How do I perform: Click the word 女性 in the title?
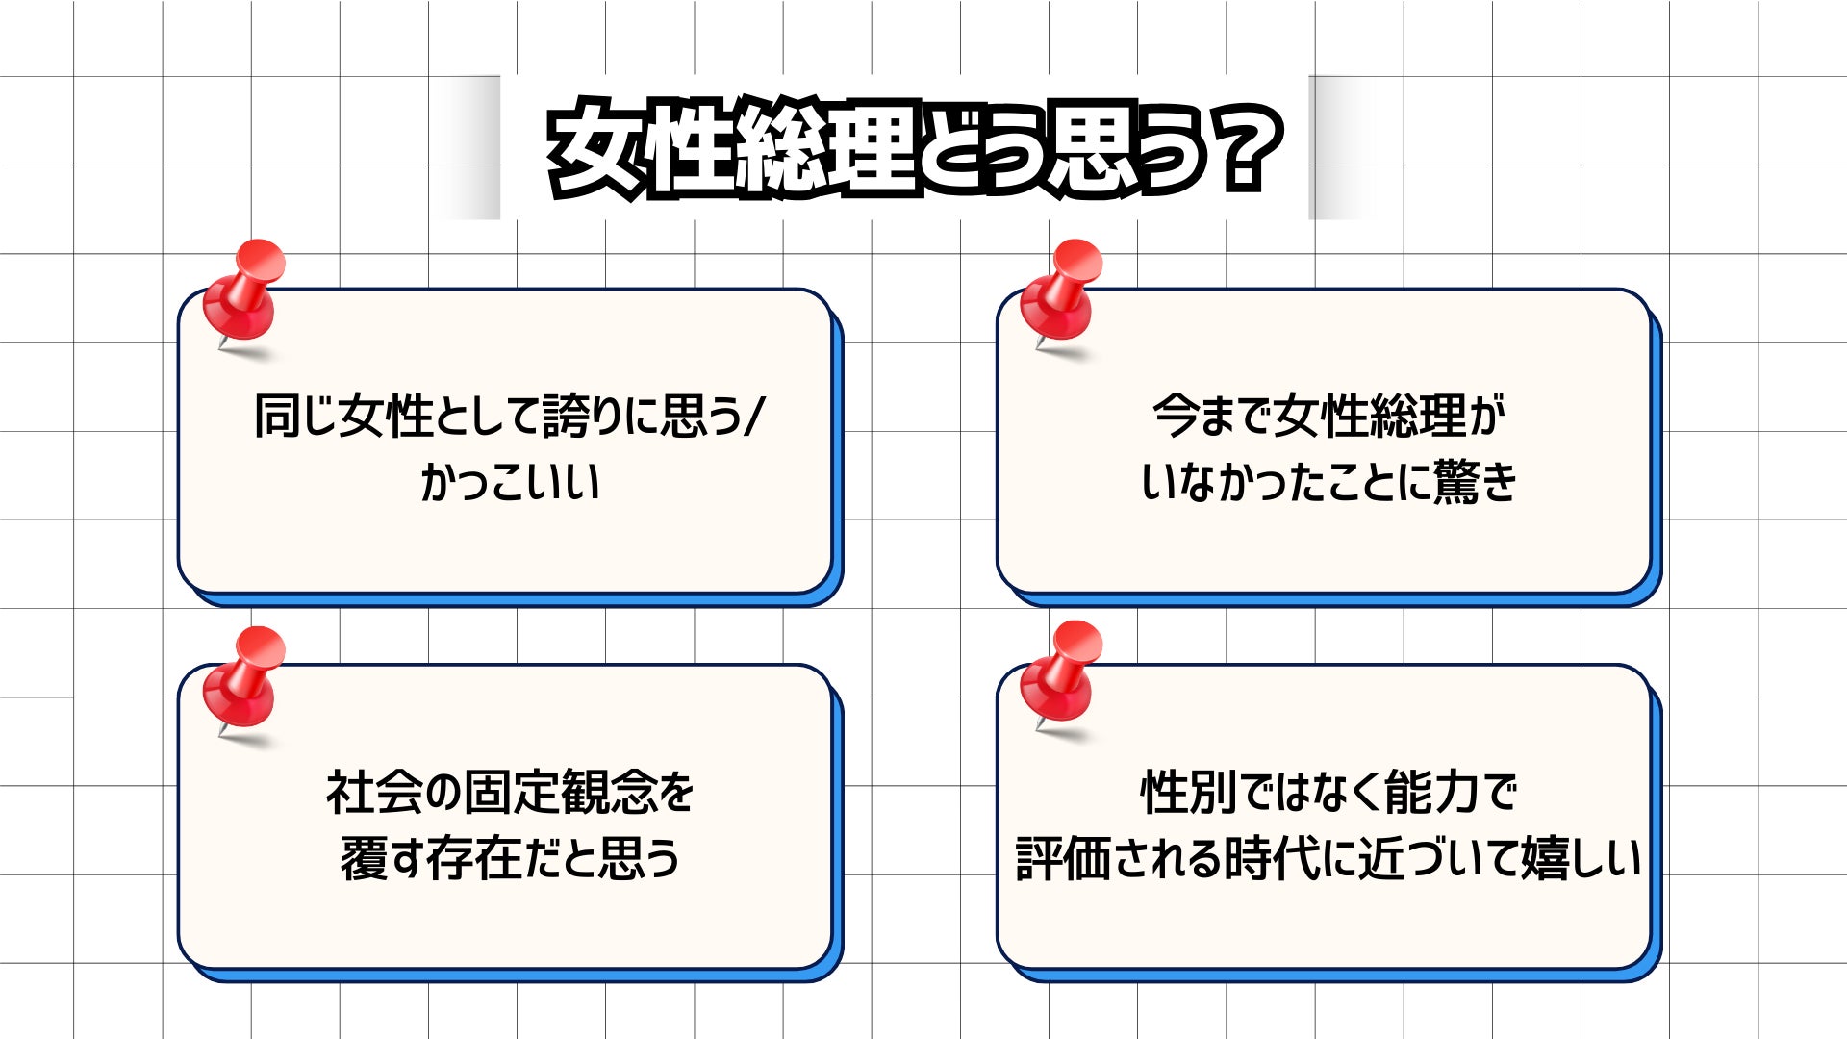(x=647, y=149)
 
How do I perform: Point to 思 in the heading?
(x=1091, y=149)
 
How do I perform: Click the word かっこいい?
(x=510, y=481)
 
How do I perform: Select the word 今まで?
(x=1211, y=417)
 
